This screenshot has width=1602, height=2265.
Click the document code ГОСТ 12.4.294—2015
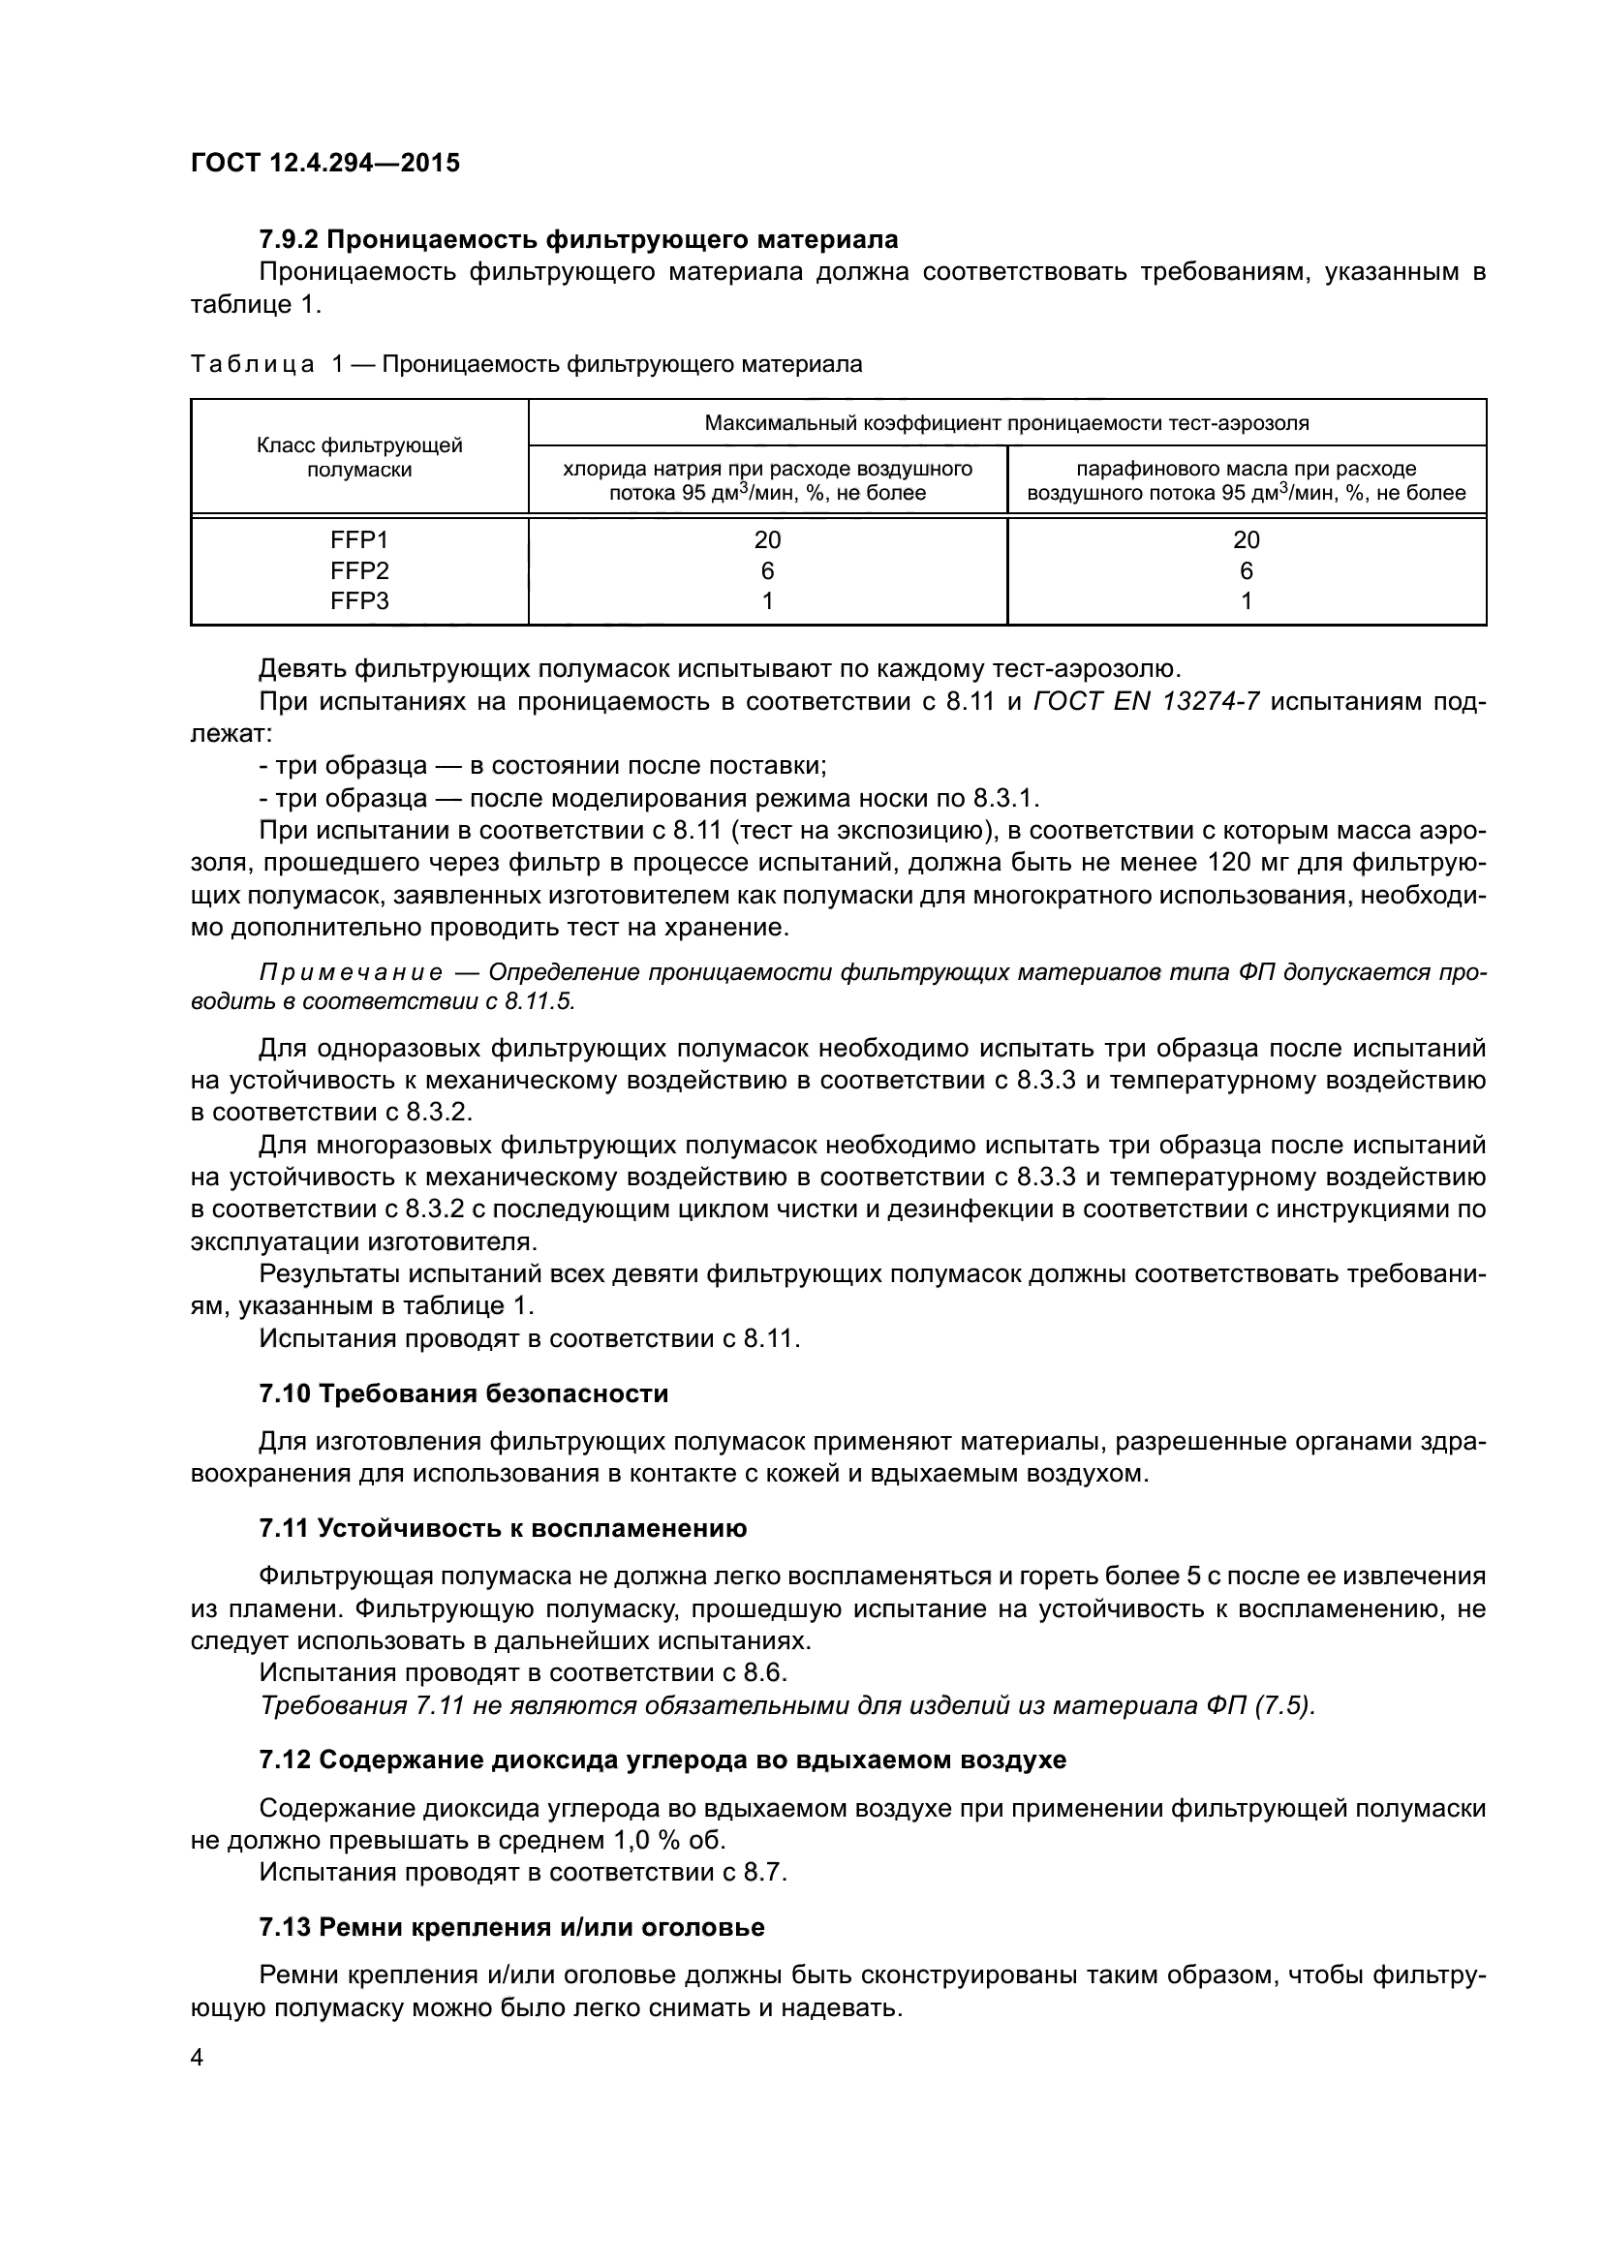pyautogui.click(x=324, y=163)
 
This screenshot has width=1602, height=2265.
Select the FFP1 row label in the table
pyautogui.click(x=359, y=539)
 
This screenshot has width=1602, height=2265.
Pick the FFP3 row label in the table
pyautogui.click(x=359, y=600)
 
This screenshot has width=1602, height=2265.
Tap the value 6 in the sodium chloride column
pyautogui.click(x=767, y=570)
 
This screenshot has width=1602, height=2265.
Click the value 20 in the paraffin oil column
pyautogui.click(x=1246, y=539)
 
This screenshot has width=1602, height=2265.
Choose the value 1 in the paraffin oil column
pyautogui.click(x=1246, y=600)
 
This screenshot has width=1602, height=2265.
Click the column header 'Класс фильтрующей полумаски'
pyautogui.click(x=359, y=458)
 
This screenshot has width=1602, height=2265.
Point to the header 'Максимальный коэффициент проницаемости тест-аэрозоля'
pyautogui.click(x=1006, y=423)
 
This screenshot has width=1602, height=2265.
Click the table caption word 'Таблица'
pyautogui.click(x=253, y=365)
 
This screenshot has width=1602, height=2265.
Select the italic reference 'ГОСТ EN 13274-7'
pyautogui.click(x=1145, y=702)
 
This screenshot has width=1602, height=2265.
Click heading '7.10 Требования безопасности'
pyautogui.click(x=464, y=1393)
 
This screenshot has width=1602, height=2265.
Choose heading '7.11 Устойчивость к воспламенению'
pyautogui.click(x=503, y=1529)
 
